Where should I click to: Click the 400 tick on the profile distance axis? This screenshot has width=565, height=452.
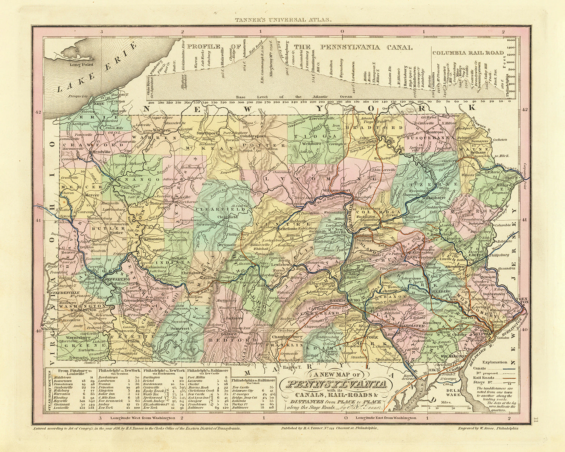151,102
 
